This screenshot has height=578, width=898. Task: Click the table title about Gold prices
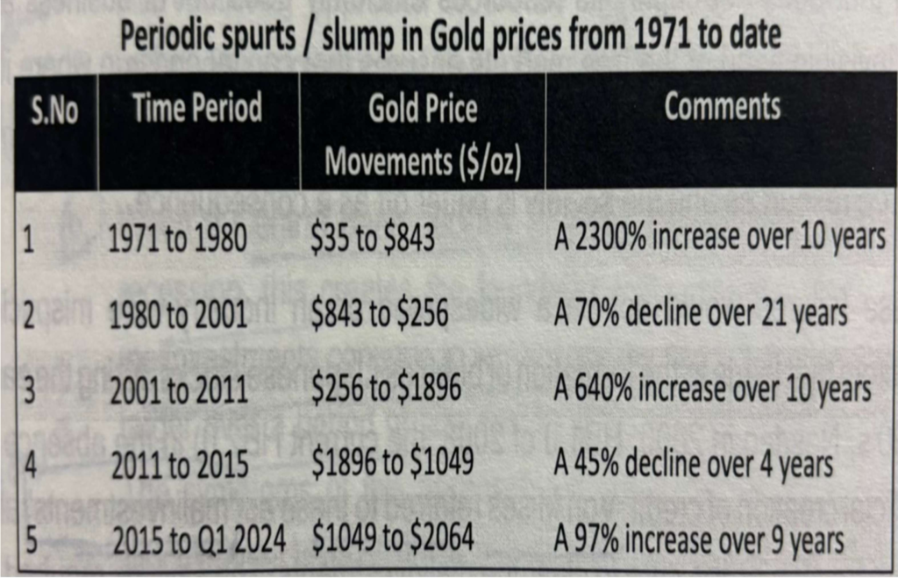(449, 36)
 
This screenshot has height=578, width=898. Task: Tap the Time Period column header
(197, 109)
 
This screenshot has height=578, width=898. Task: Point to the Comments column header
(722, 107)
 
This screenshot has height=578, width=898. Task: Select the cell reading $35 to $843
(373, 239)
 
